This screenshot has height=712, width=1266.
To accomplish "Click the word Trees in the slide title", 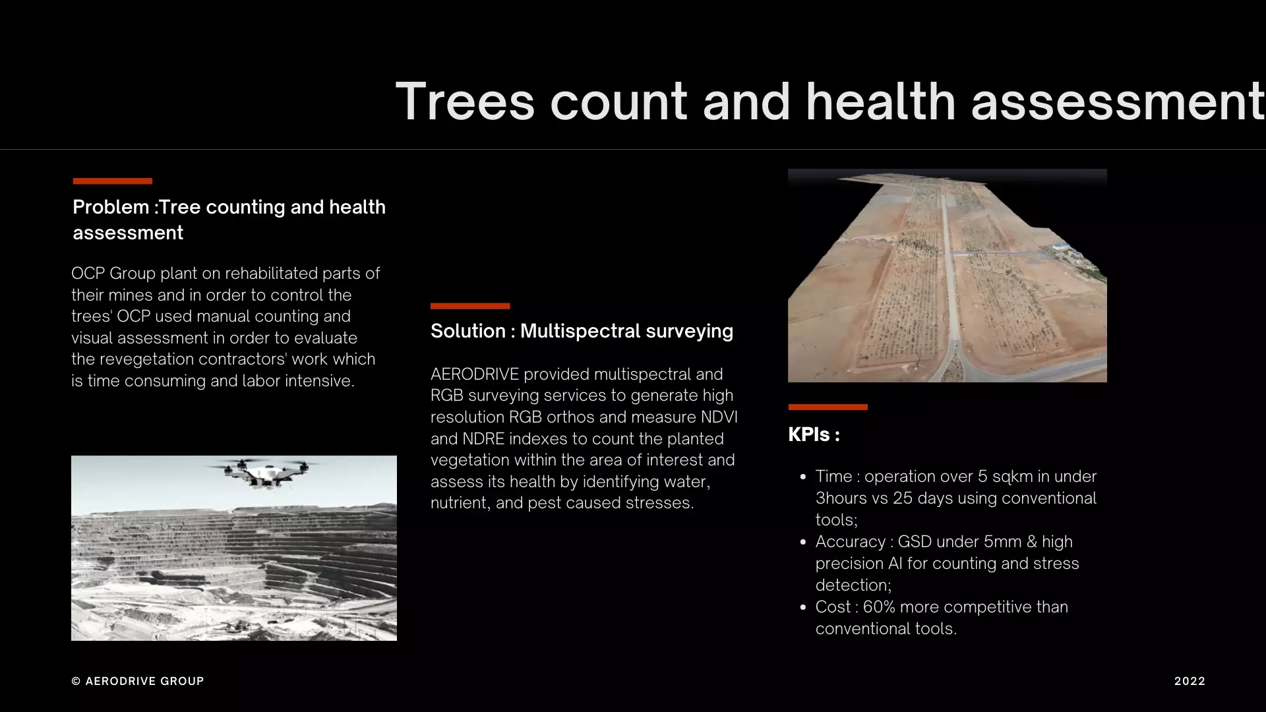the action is pos(465,102).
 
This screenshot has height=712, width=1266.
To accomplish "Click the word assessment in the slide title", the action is pos(1118,102).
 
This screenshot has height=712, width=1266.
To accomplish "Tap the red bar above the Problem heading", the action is pos(113,181).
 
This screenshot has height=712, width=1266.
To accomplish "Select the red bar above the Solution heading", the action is pos(470,306).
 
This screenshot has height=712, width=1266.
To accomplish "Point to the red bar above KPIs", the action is pos(828,407).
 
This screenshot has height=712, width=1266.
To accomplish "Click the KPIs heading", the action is pos(814,434).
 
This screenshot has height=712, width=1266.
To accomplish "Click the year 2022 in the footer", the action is pos(1190,681).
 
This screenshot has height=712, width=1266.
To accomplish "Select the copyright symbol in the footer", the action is pos(76,681).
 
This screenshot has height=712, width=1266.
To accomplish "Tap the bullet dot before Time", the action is pos(802,477).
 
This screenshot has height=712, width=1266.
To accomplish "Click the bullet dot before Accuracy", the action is pos(802,542).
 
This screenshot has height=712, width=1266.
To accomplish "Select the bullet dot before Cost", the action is pos(802,607).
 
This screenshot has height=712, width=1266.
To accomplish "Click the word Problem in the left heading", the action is pos(111,207).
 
